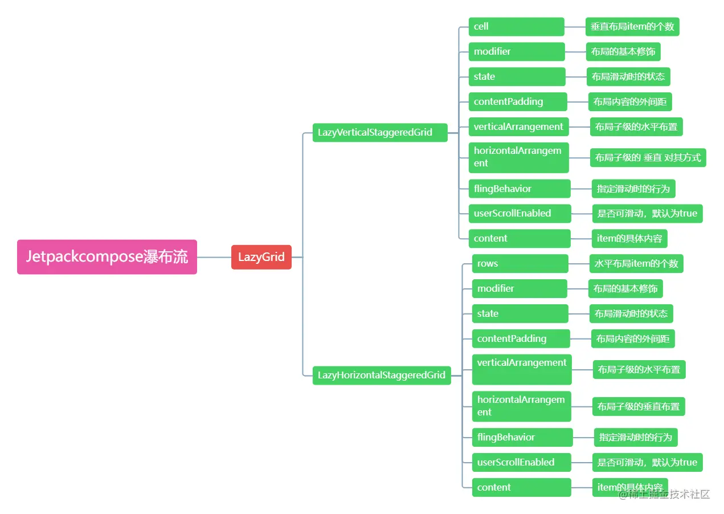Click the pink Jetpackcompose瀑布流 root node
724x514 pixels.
coord(107,257)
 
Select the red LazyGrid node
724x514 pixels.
coord(261,257)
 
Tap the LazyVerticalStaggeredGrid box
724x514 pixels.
coord(380,132)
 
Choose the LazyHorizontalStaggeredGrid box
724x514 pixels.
coord(381,375)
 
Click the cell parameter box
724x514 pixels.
coord(516,27)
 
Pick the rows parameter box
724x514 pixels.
coord(520,264)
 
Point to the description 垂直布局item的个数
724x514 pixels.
coord(632,27)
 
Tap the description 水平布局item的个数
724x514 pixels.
coord(636,264)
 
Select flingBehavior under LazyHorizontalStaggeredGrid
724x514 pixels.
coord(522,437)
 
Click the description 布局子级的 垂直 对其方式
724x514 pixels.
coord(648,157)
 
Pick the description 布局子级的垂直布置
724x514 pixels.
coord(638,407)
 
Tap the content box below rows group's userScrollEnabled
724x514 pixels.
coord(521,487)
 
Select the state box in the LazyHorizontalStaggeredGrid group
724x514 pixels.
coord(520,313)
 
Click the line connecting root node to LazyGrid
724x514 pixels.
coord(214,257)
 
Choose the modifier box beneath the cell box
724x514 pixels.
coord(516,52)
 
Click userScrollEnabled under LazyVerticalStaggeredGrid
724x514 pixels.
coord(519,214)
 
